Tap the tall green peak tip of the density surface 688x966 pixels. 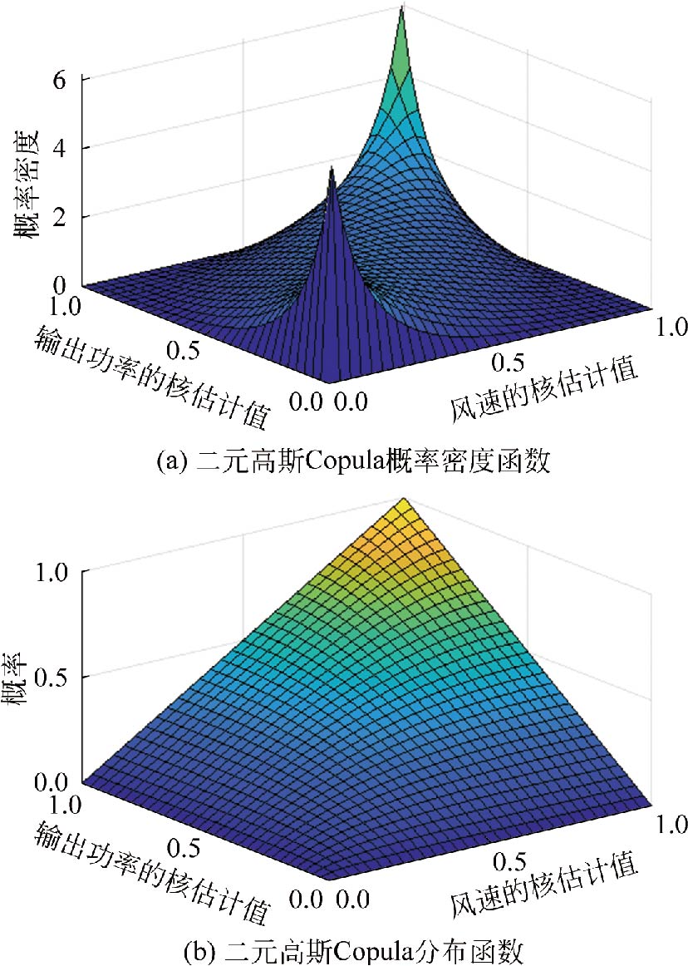(402, 8)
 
